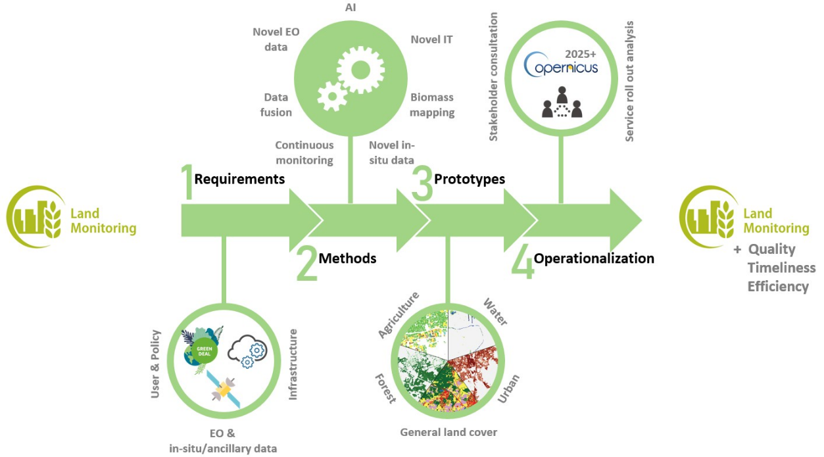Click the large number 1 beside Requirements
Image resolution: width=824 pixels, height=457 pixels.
pos(187,182)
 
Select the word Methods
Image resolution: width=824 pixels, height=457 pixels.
pos(347,258)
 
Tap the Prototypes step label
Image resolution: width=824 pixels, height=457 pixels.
pos(470,179)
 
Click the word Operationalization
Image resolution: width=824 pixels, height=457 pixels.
pos(593,258)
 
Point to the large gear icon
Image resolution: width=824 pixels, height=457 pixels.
pos(360,68)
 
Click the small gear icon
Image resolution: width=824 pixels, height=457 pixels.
pos(333,97)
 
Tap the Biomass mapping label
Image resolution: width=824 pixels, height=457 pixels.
pos(432,105)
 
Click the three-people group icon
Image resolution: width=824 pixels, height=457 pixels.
pos(562,105)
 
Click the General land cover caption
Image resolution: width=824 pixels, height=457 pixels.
pos(448,432)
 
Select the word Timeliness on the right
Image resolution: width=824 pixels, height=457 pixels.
pos(781,268)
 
